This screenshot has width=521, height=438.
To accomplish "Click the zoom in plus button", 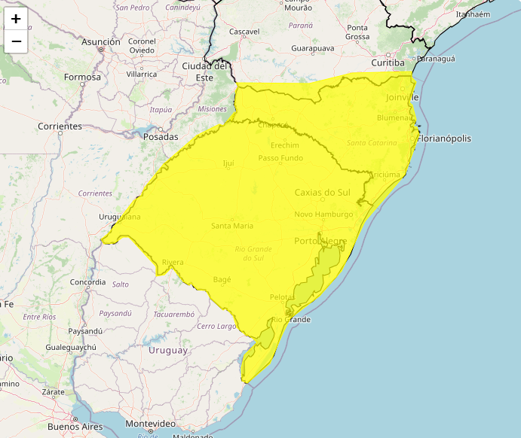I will point(16,19).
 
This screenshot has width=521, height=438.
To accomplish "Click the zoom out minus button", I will point(16,41).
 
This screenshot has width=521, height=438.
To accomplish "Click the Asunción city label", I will point(101,42).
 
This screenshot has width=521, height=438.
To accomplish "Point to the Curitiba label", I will point(388,63).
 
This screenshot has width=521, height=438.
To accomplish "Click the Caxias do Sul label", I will point(323,192).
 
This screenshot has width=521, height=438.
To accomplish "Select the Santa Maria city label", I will point(232,226).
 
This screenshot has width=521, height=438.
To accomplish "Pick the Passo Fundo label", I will point(280,158).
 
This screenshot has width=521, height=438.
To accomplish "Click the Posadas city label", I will point(160,137).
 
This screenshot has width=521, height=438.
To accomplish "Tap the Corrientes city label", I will point(60,126).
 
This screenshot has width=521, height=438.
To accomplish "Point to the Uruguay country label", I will point(168,351).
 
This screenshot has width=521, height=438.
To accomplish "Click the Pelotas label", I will point(282,297).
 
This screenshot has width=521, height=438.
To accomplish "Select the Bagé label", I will point(222,279).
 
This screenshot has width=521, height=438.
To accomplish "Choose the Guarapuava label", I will point(312,48).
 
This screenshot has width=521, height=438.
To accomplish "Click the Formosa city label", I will point(82,77).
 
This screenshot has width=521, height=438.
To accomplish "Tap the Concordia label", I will point(87,282).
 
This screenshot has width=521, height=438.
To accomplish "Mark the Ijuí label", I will point(229,163).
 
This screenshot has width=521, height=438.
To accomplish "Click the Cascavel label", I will point(244,32).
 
